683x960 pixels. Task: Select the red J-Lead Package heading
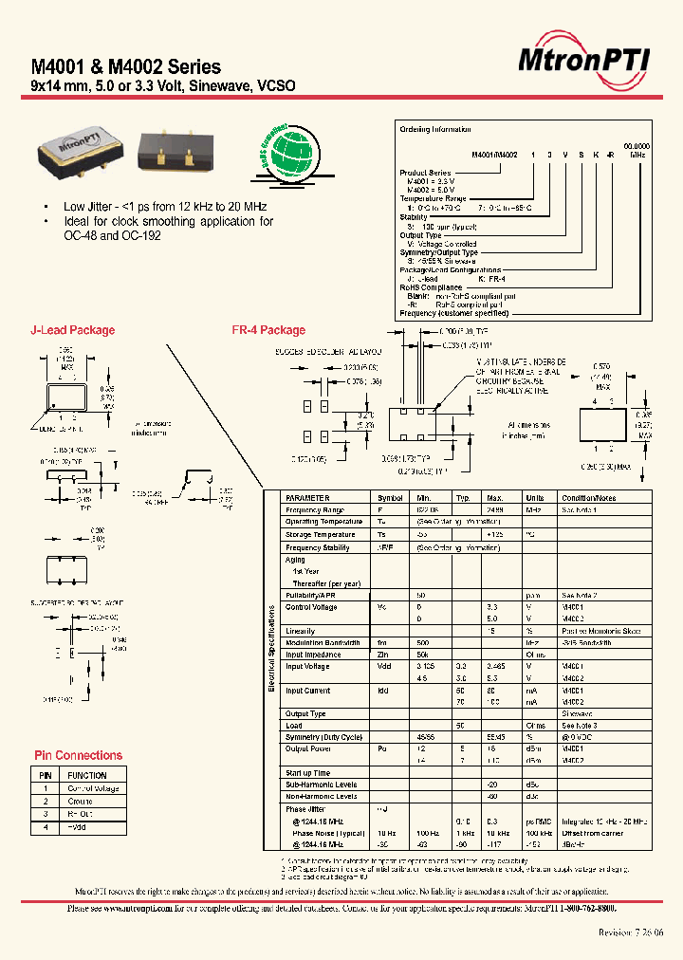coord(73,330)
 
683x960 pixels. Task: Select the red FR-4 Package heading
coord(268,330)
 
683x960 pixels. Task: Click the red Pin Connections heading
coord(78,755)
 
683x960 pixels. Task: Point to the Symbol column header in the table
coord(390,497)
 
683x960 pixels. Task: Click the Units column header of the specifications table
coord(535,497)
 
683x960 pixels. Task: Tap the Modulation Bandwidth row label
coord(323,642)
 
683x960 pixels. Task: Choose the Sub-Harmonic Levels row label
coord(321,785)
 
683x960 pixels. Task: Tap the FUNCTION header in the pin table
coord(86,775)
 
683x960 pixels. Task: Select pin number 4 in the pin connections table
coord(45,827)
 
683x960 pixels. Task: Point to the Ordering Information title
coord(428,129)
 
